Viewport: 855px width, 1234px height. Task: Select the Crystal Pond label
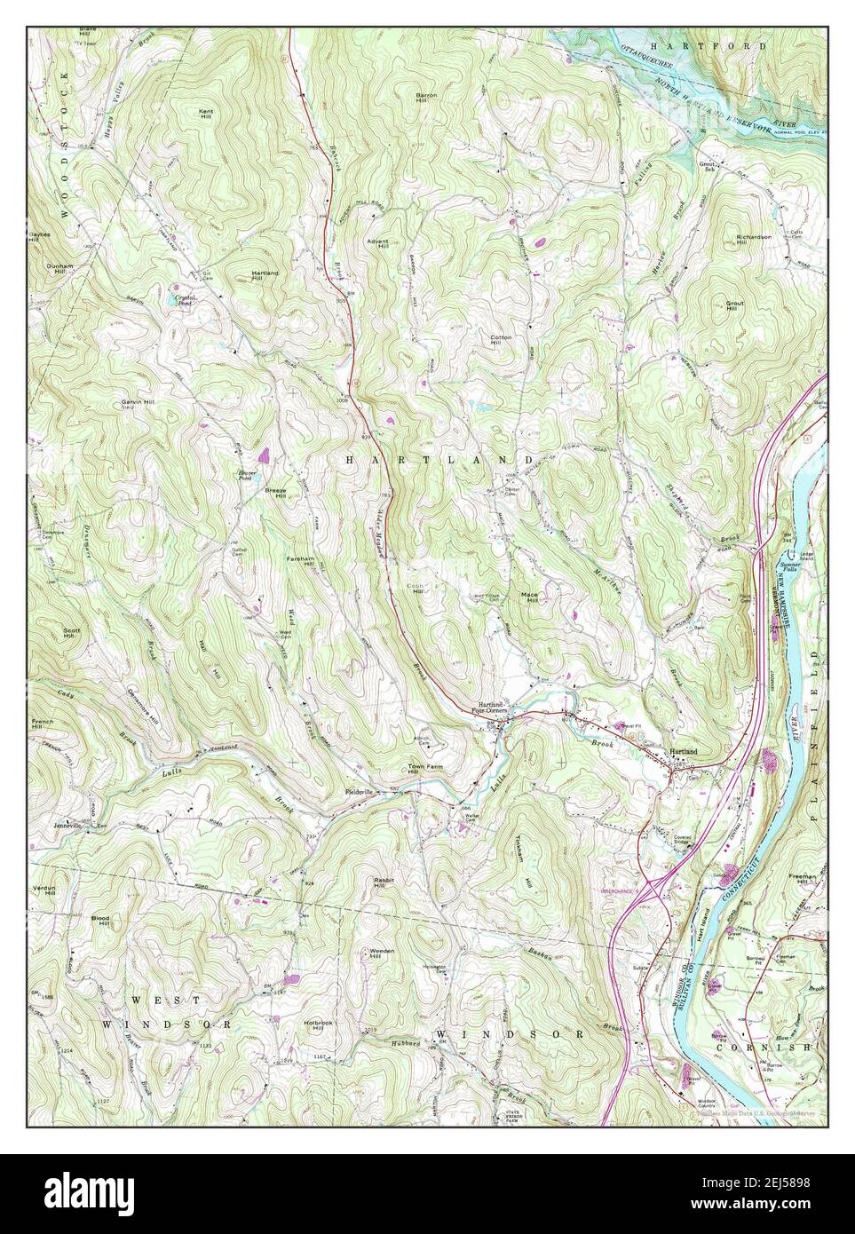[x=185, y=299]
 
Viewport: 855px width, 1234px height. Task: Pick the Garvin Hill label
[x=139, y=403]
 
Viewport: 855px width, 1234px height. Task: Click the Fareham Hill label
[x=300, y=561]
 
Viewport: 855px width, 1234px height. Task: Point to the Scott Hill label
[x=72, y=634]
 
